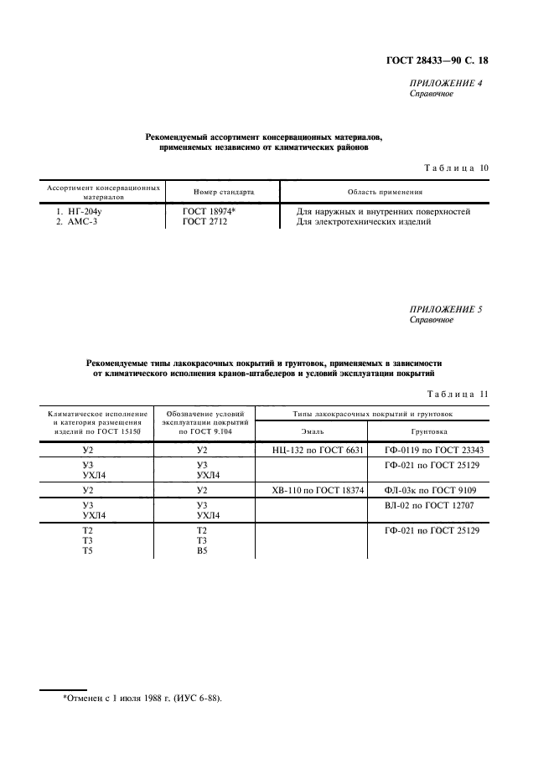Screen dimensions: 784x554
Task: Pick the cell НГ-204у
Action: coord(73,212)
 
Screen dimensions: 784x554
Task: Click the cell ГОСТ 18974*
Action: coord(210,212)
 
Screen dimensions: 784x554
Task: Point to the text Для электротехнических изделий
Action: coord(364,222)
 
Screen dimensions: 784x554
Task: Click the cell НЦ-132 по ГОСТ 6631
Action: coord(318,450)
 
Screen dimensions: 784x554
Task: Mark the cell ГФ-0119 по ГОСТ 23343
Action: coord(434,450)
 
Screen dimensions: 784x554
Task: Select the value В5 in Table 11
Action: coord(201,551)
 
